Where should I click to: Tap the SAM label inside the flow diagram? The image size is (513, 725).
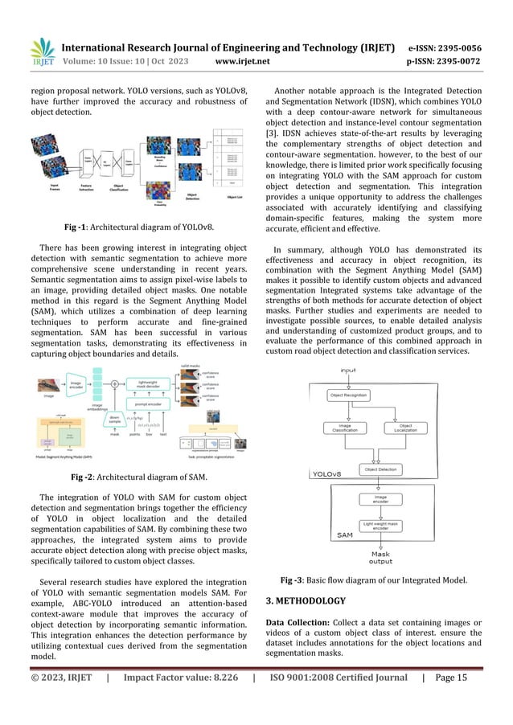[x=322, y=534]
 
